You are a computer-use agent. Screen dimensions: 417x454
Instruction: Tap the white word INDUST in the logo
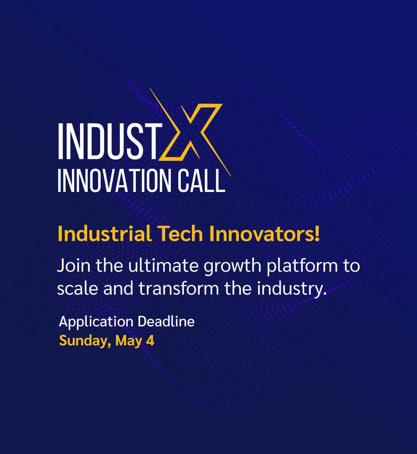point(110,141)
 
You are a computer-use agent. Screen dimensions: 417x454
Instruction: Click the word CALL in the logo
point(202,181)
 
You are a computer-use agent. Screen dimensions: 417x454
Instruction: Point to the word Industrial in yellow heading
point(105,234)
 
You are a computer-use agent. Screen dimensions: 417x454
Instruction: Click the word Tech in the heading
point(180,234)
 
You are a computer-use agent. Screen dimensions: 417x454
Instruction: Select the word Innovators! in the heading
point(264,234)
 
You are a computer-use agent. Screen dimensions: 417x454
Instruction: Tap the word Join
point(74,265)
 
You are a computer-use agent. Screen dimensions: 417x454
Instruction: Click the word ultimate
point(163,265)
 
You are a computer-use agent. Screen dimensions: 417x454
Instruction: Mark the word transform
point(178,289)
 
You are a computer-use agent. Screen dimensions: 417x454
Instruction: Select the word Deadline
point(166,321)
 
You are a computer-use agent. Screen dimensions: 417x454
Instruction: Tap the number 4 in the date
point(150,340)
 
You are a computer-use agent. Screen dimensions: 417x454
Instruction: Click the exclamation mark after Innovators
point(317,234)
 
